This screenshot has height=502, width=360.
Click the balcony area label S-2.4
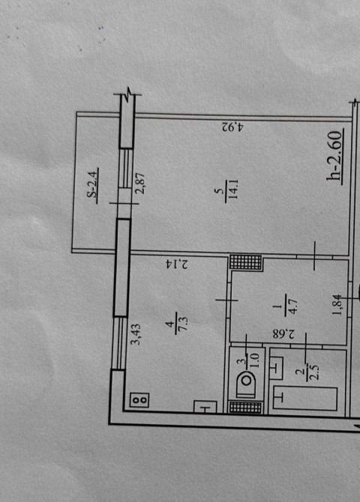pyautogui.click(x=93, y=186)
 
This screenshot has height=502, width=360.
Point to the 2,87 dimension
pyautogui.click(x=140, y=184)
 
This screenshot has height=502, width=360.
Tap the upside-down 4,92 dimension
pyautogui.click(x=233, y=127)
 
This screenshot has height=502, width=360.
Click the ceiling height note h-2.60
pyautogui.click(x=334, y=157)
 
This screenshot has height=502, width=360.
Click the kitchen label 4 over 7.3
pyautogui.click(x=177, y=324)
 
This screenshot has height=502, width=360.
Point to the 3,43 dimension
pyautogui.click(x=137, y=334)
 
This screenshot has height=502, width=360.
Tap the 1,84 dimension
pyautogui.click(x=338, y=305)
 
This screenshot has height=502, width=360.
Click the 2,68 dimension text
pyautogui.click(x=283, y=334)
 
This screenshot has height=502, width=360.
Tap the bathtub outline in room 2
pyautogui.click(x=305, y=399)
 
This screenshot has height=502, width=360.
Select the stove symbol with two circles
pyautogui.click(x=139, y=399)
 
